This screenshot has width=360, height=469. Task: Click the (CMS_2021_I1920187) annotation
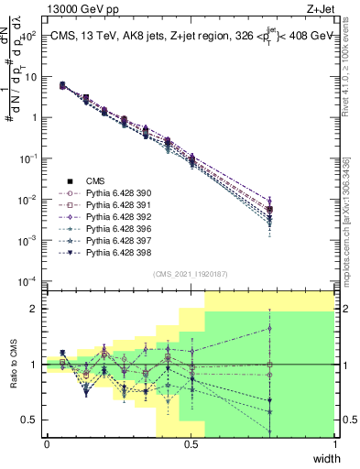(191, 274)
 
